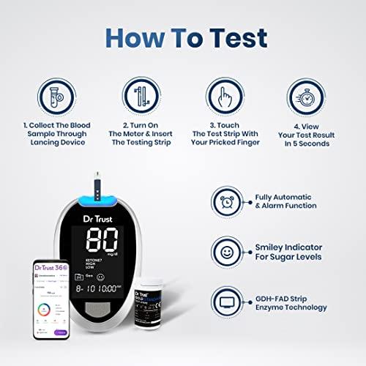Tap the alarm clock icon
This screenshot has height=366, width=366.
coord(227,202)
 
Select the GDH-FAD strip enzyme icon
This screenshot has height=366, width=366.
coord(227,302)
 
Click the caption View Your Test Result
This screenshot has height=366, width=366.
coord(309,138)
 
